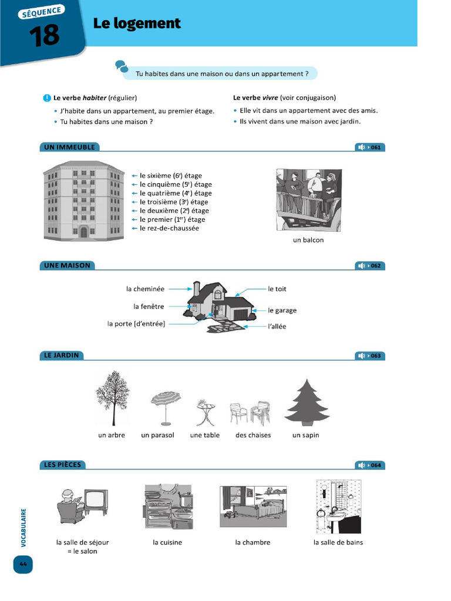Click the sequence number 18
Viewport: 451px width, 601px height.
click(43, 35)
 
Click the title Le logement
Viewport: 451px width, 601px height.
click(136, 23)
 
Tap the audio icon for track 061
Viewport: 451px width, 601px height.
click(362, 147)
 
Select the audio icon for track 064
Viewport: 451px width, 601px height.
click(362, 465)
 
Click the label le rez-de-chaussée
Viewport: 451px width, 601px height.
click(169, 228)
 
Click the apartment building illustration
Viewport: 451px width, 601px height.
click(83, 201)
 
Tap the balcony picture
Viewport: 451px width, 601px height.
click(309, 200)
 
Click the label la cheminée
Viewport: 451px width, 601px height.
click(145, 289)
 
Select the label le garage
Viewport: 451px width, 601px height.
click(282, 310)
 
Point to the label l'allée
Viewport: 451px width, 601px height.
click(277, 326)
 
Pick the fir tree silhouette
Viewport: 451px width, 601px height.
click(306, 403)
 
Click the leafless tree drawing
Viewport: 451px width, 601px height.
click(113, 397)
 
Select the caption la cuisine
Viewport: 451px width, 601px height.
click(167, 542)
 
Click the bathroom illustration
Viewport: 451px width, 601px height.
click(338, 506)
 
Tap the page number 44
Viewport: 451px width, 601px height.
click(23, 565)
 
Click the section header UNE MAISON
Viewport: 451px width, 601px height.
click(68, 265)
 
